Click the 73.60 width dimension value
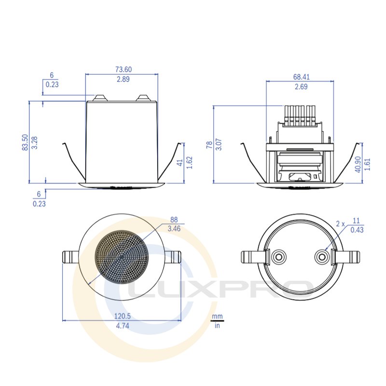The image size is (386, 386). (x=124, y=69)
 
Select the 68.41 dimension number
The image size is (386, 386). (x=301, y=77)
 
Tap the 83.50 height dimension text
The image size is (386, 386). (x=25, y=142)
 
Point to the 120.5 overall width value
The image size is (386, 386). (x=123, y=316)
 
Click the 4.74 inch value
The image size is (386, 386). (x=123, y=326)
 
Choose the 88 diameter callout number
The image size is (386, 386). (x=174, y=220)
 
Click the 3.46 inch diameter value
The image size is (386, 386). (x=174, y=229)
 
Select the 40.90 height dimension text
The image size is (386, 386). (x=358, y=164)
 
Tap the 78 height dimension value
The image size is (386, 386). (x=209, y=145)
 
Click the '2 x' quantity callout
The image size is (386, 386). (x=341, y=224)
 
